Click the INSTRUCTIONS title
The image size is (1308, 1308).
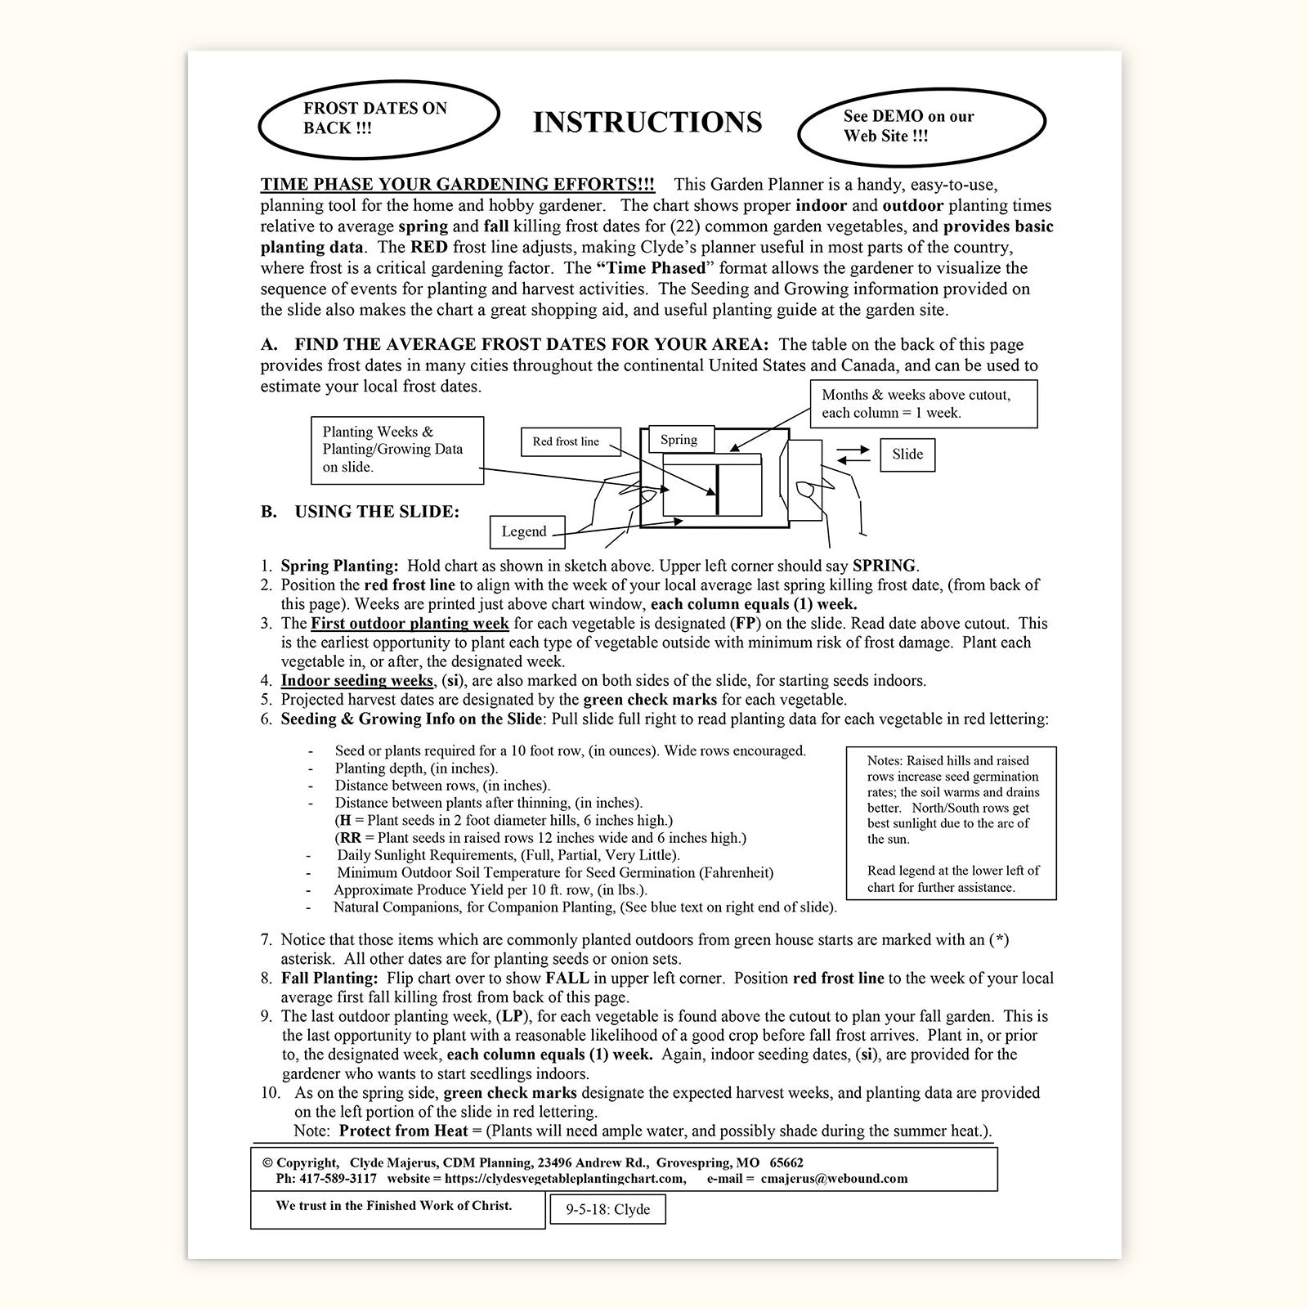[647, 123]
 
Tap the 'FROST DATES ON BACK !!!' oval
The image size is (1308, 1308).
[378, 119]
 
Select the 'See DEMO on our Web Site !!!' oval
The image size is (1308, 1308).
[921, 126]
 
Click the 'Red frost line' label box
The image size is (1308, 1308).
[566, 441]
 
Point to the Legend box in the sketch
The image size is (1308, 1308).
[524, 531]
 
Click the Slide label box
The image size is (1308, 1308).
[907, 455]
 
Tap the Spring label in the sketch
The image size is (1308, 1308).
[679, 440]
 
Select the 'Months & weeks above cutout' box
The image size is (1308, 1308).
[924, 403]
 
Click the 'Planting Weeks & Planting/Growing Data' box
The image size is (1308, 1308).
[396, 450]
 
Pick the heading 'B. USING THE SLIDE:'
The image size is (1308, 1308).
[361, 512]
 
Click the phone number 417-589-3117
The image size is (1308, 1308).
[338, 1179]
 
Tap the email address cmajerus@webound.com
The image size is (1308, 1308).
[834, 1179]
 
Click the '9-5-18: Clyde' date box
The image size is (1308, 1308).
[607, 1210]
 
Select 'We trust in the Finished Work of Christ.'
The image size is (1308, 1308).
[394, 1206]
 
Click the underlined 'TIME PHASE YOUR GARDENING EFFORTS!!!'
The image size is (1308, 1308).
[458, 185]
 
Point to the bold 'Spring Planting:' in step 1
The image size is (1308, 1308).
[339, 566]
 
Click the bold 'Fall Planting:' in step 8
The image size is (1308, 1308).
[329, 979]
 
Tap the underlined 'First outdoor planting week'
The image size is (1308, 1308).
[410, 624]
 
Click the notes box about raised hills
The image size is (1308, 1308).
[951, 822]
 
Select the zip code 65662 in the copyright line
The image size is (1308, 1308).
[786, 1162]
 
